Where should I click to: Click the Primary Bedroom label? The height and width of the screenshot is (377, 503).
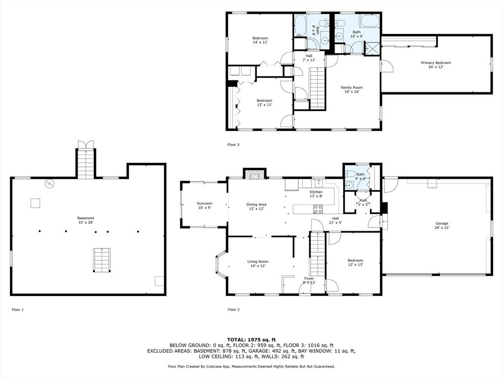coord(436,65)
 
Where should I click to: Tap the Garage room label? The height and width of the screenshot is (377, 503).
coord(442,225)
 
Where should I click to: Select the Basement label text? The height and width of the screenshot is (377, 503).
coord(86,220)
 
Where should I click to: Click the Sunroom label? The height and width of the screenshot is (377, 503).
coord(204,205)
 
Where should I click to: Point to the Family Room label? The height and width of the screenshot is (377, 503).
coord(352,89)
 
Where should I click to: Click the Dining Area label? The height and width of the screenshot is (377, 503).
coord(256,207)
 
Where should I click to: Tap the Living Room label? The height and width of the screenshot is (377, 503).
coord(257,264)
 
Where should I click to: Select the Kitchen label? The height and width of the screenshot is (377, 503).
coord(316,194)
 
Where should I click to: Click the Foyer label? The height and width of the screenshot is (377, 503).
coord(309,280)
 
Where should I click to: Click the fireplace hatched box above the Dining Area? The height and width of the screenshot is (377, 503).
coord(255,175)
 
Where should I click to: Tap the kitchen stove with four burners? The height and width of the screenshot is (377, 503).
coord(318,209)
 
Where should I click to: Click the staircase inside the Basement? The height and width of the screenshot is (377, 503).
coord(102,260)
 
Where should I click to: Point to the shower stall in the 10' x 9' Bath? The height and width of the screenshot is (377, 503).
coord(373,49)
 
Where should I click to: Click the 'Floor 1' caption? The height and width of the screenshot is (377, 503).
coord(18,310)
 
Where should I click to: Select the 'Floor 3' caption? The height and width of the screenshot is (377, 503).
coord(233,145)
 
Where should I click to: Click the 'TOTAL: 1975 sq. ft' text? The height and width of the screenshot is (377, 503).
coord(251,340)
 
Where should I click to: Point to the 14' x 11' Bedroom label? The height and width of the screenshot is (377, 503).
coord(260,40)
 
